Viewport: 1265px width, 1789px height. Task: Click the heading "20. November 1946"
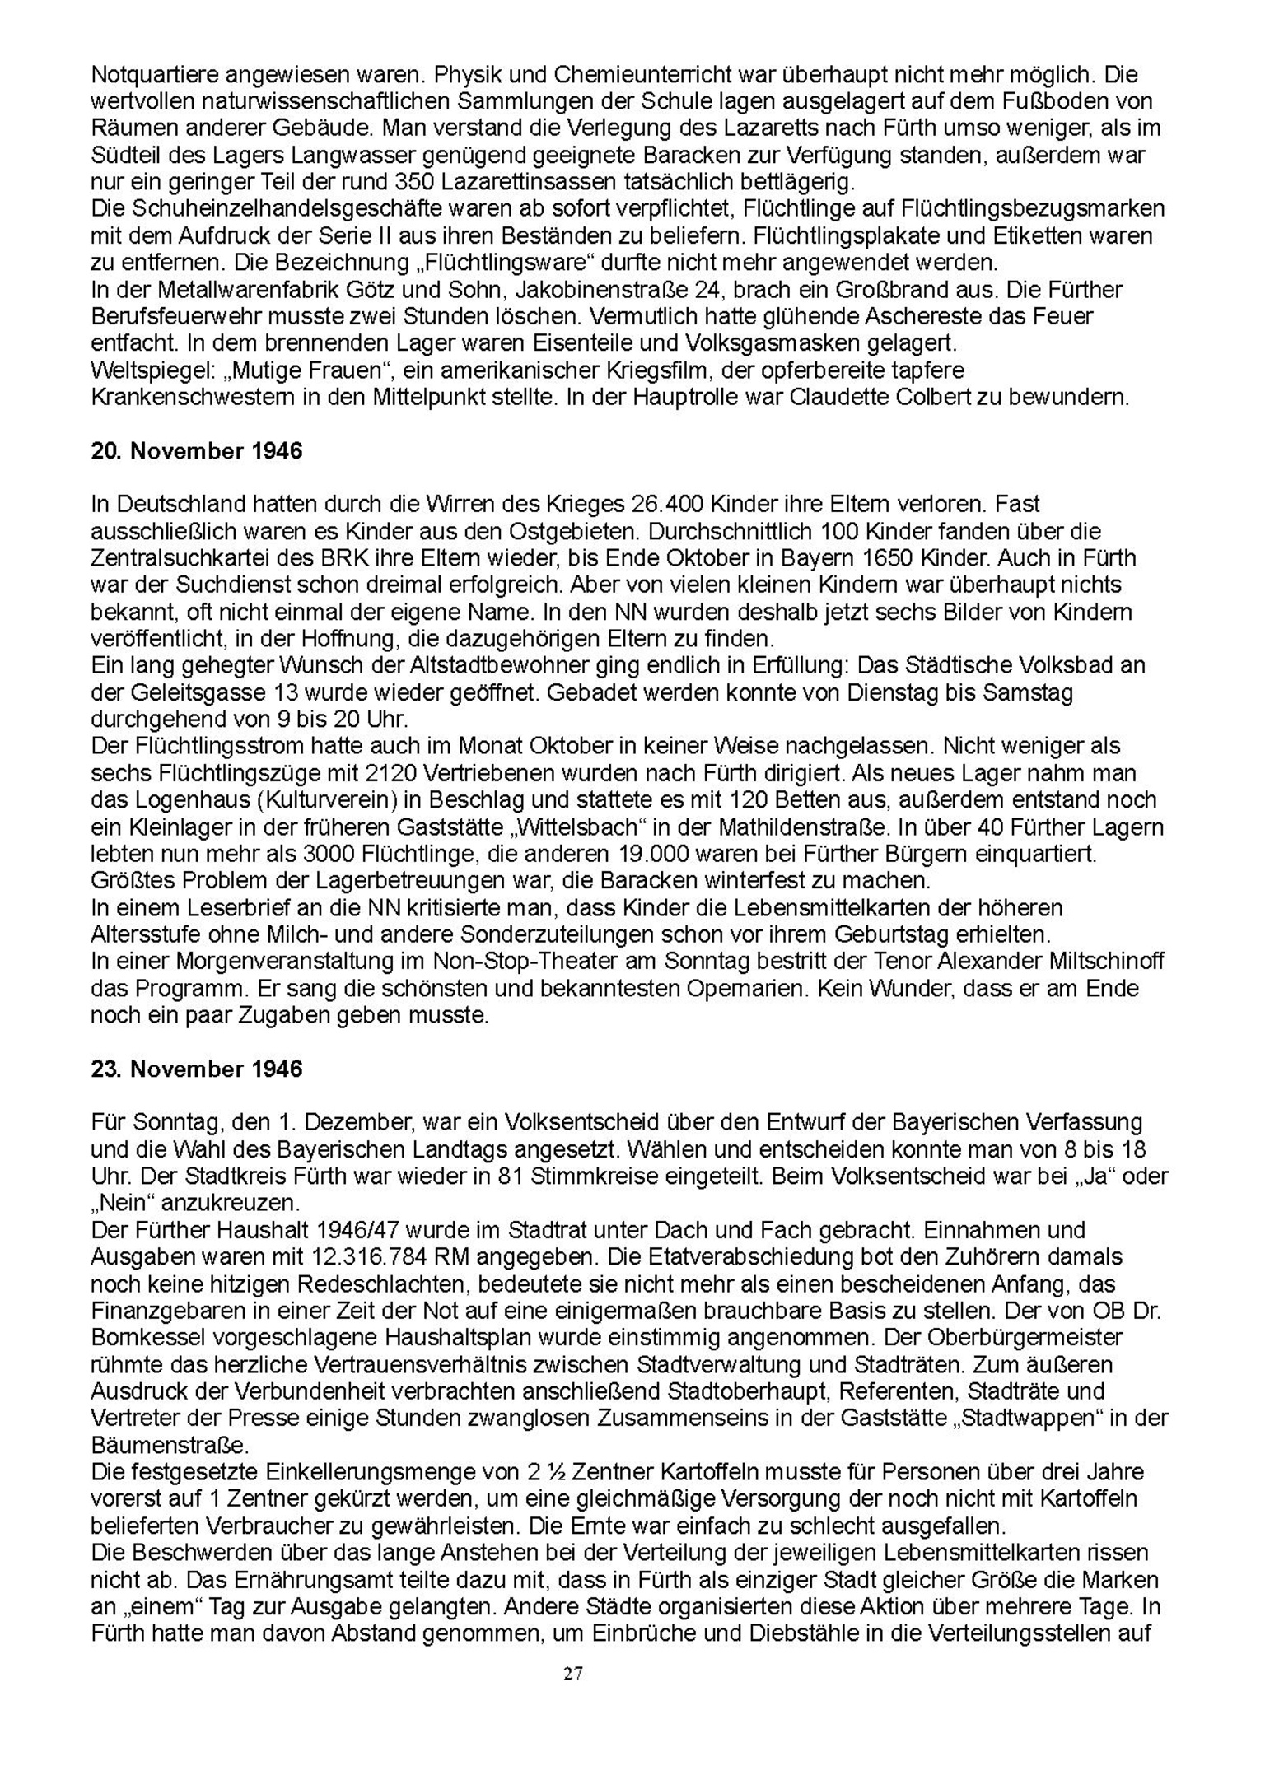tap(196, 451)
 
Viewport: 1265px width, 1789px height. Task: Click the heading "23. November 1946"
tap(196, 1069)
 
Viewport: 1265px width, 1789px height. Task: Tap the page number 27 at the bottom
tap(574, 1672)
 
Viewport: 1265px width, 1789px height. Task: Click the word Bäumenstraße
tap(169, 1445)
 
